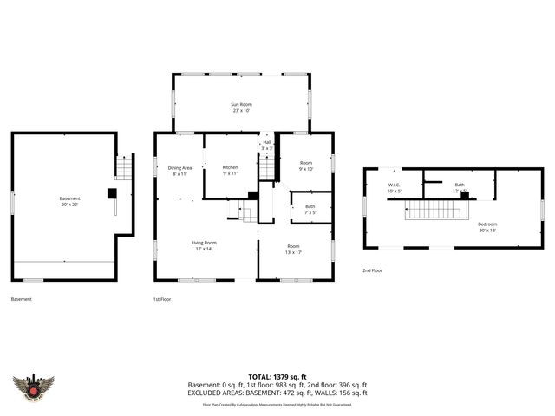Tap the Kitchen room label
click(230, 170)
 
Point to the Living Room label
click(204, 245)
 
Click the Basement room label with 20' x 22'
click(63, 201)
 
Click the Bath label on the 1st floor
click(310, 209)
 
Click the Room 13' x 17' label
click(295, 249)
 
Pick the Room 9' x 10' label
click(306, 166)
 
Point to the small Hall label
click(267, 145)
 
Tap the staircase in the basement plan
click(124, 166)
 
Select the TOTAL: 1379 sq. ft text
click(277, 377)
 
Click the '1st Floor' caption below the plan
click(161, 299)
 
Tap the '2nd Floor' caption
click(373, 271)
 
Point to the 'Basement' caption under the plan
click(22, 299)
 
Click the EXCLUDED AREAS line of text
click(277, 393)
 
